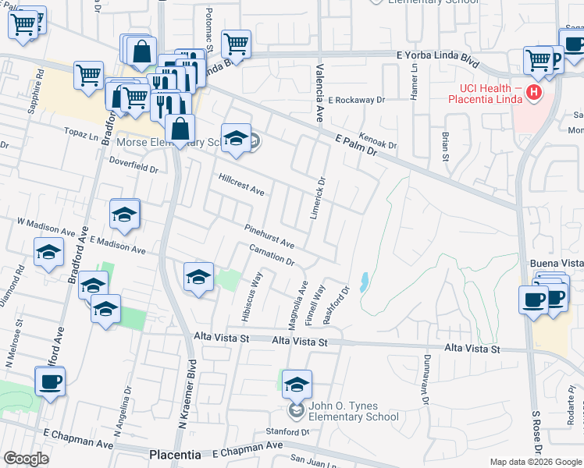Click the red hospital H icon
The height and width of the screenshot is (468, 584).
pos(534,94)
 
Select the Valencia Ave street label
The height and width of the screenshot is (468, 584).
pos(319,98)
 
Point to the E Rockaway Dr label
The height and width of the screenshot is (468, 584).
pos(357,100)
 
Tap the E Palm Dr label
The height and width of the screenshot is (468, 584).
pos(356,146)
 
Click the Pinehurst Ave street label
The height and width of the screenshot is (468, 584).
pos(269,236)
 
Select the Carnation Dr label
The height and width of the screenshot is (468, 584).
pos(271,255)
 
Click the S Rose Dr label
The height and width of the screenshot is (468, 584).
pos(536,432)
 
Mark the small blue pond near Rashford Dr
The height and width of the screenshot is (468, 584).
pos(365,282)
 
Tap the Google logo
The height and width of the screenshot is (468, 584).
pos(27,459)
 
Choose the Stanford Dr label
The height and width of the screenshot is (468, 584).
pos(288,431)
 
